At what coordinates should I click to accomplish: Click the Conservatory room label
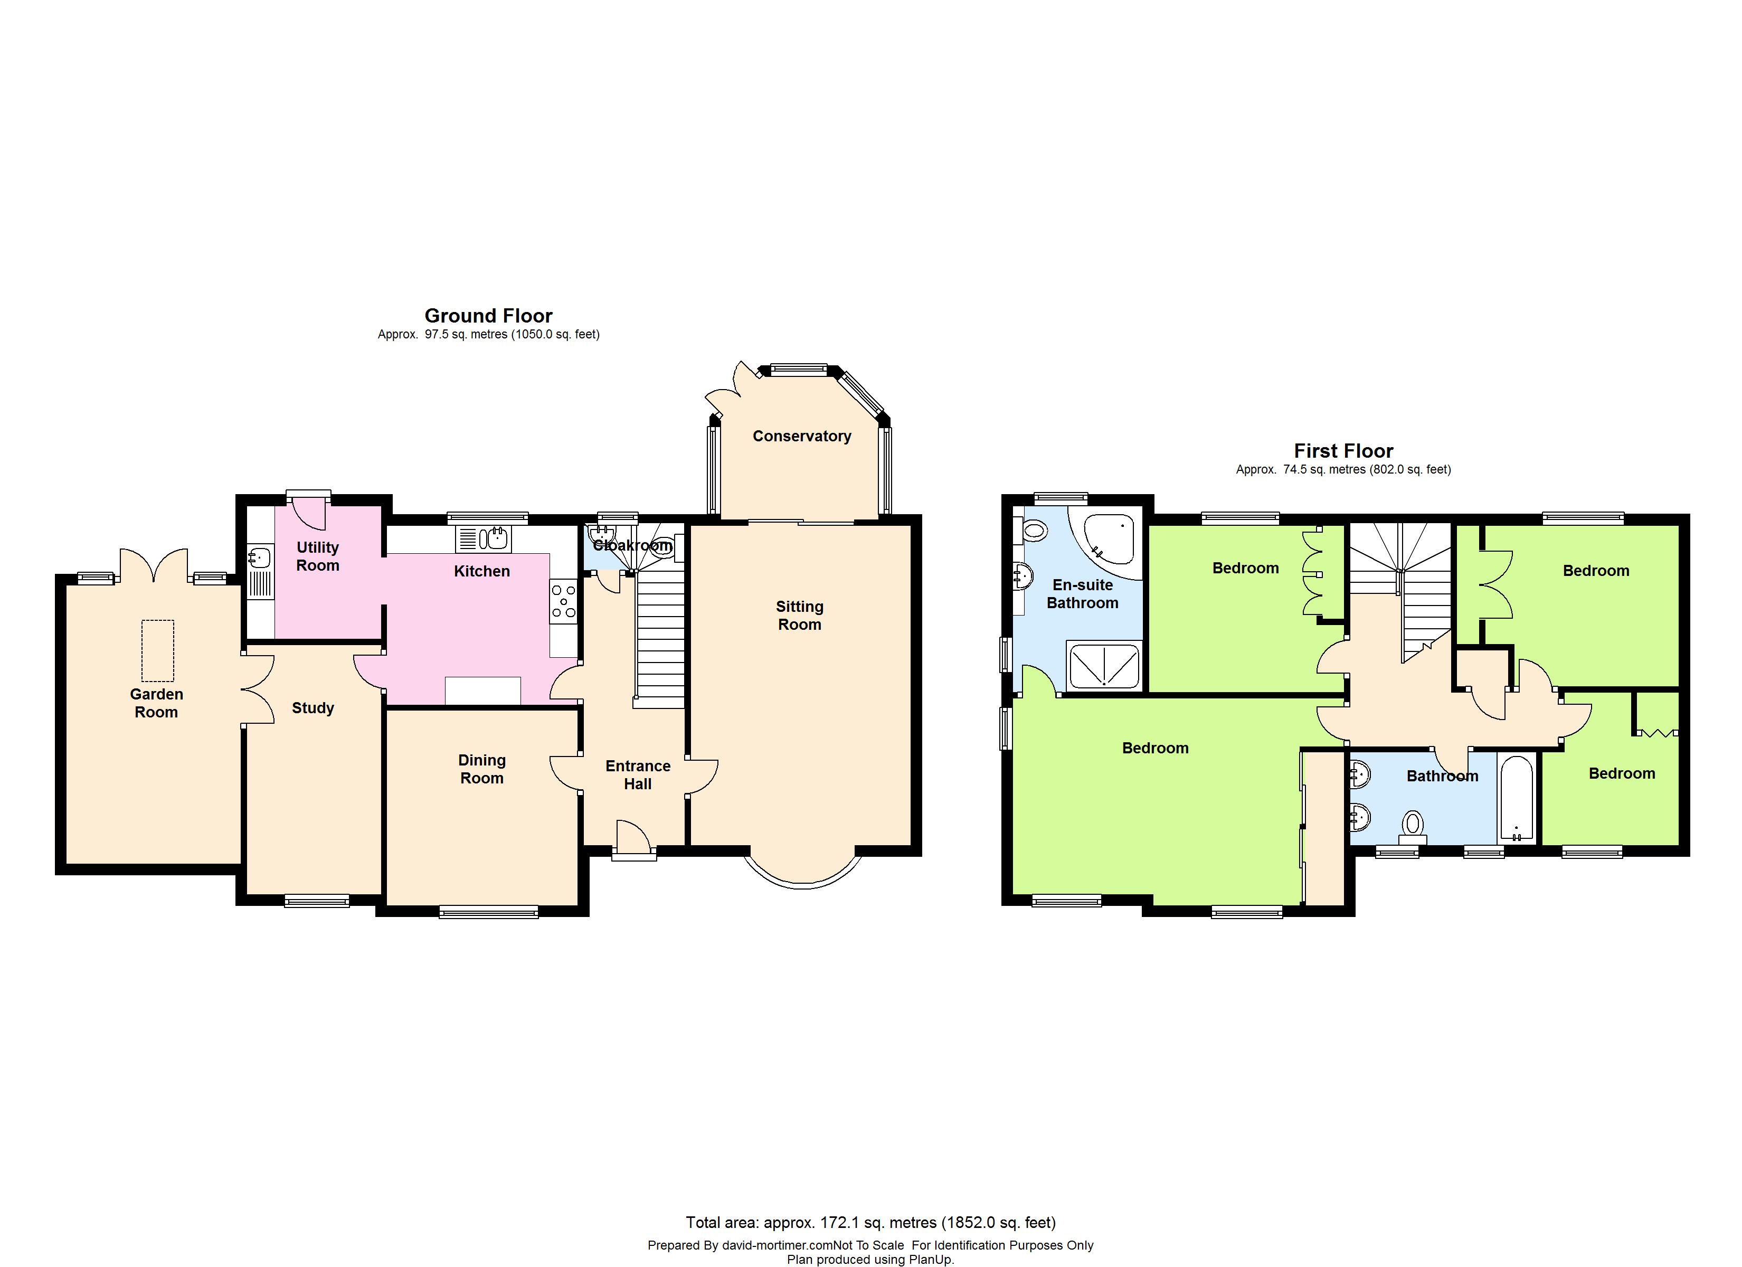(802, 437)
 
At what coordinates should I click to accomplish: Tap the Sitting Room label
(800, 616)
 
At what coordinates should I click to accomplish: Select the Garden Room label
(157, 703)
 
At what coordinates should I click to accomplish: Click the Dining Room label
(481, 769)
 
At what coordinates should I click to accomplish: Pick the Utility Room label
(318, 556)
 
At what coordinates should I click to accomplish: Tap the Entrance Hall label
(638, 776)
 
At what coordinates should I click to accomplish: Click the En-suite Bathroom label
(1082, 594)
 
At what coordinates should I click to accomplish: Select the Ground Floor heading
(488, 316)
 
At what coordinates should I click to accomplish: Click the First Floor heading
(1343, 451)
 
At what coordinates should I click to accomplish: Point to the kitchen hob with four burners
(563, 602)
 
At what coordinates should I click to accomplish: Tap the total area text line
(870, 1222)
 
